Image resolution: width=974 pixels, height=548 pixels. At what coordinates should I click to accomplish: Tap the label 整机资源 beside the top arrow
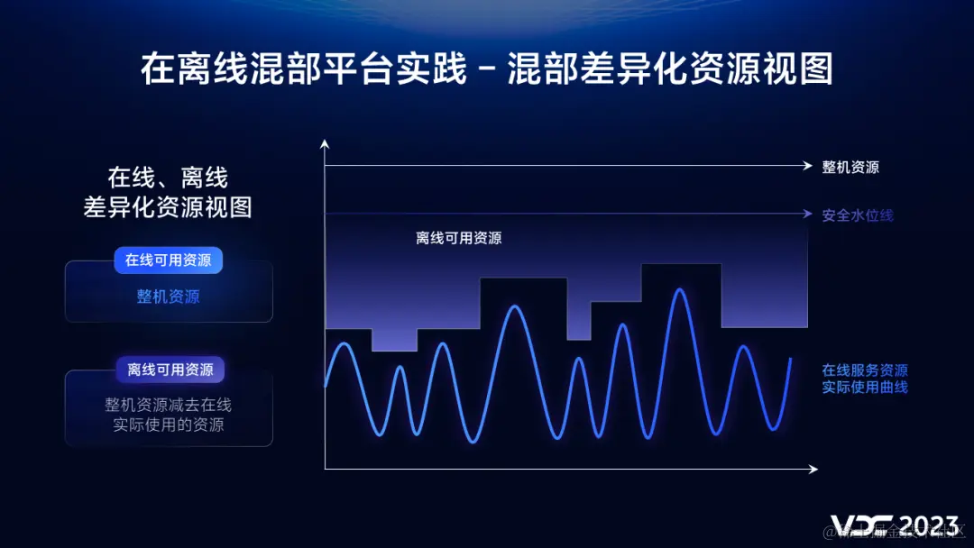tap(850, 167)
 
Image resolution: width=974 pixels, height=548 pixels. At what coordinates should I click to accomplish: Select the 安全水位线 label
tap(857, 215)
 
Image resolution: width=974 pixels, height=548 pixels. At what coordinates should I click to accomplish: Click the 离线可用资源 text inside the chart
tap(459, 239)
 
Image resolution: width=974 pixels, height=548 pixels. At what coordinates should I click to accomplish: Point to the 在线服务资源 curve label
tap(864, 370)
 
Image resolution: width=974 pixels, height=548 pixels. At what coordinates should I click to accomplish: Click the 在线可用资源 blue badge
tap(169, 260)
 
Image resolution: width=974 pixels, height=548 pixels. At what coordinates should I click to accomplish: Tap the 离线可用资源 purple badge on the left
tap(170, 370)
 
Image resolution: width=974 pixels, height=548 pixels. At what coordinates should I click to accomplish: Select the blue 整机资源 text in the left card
tap(169, 297)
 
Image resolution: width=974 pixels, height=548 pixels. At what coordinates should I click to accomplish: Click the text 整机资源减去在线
tap(169, 406)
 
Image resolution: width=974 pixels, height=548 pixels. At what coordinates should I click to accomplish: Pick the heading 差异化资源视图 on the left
tap(168, 206)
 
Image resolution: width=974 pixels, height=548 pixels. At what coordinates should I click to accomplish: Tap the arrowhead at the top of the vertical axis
tap(325, 142)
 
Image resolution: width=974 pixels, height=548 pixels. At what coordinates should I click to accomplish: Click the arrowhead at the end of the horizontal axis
tap(813, 469)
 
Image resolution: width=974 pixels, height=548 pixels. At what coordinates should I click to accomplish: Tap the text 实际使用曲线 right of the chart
tap(864, 388)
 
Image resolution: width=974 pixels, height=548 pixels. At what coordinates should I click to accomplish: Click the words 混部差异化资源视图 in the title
tap(669, 69)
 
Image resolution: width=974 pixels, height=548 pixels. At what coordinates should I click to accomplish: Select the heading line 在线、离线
tap(168, 177)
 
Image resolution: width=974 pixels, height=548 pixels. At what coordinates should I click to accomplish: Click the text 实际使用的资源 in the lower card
tap(169, 425)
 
